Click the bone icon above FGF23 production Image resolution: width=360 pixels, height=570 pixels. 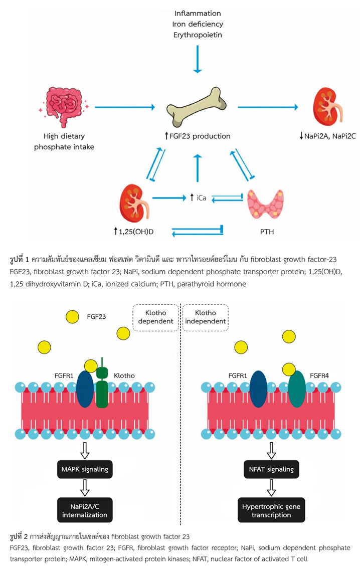[198, 107]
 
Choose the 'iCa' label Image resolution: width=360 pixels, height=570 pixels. [199, 198]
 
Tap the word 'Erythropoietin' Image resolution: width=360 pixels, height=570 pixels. [198, 35]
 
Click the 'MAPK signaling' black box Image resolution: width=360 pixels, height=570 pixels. [85, 469]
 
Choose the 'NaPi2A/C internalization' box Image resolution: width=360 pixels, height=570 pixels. [85, 510]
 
